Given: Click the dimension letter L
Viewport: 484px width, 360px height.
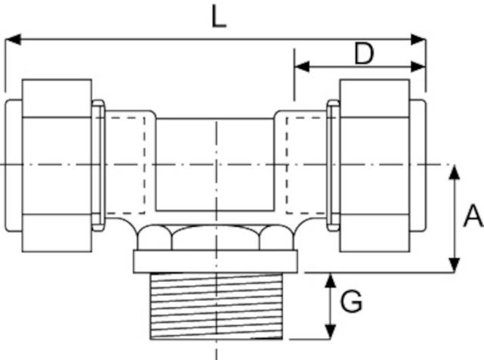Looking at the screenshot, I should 218,17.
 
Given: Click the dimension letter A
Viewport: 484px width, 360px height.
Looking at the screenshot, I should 473,217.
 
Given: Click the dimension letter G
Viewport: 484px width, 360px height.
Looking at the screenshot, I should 351,303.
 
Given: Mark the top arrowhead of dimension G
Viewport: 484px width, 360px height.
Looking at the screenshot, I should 330,278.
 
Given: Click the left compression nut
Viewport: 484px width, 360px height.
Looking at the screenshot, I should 57,165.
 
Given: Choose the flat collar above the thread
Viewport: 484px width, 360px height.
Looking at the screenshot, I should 217,261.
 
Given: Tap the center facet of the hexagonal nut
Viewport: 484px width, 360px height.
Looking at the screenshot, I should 217,237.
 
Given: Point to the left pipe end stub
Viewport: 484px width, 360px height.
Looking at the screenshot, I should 12,165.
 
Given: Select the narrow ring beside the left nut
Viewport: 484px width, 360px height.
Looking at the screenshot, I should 98,165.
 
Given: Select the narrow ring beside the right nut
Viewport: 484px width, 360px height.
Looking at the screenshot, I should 333,165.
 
